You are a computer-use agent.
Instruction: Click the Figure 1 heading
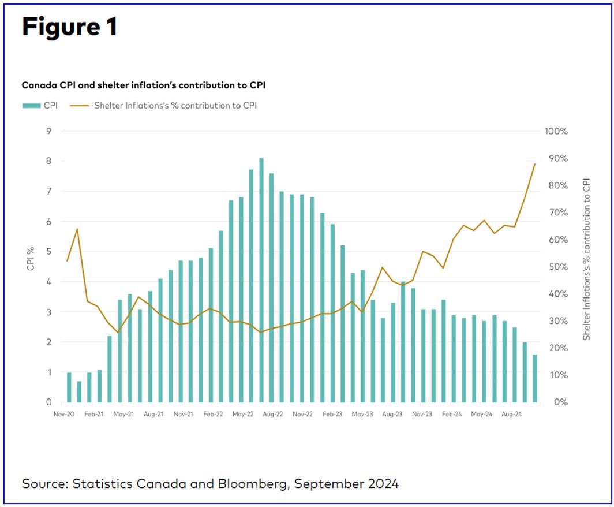coord(70,27)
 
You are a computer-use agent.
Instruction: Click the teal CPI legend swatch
coord(31,106)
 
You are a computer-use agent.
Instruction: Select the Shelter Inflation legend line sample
coord(80,106)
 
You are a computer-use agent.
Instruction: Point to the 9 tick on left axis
coord(48,131)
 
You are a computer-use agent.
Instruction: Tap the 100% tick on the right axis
coord(556,131)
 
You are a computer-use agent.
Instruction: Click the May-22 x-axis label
coord(243,414)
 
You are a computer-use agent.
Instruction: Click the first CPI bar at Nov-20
coord(69,387)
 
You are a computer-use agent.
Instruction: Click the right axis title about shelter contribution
coord(586,259)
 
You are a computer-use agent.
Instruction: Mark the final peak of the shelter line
coord(535,164)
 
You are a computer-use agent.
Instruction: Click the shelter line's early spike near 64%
coord(77,229)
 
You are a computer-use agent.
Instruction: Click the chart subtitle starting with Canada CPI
coord(144,85)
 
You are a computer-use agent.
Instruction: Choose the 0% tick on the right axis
coord(556,402)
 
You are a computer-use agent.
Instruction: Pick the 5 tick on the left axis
coord(48,252)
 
